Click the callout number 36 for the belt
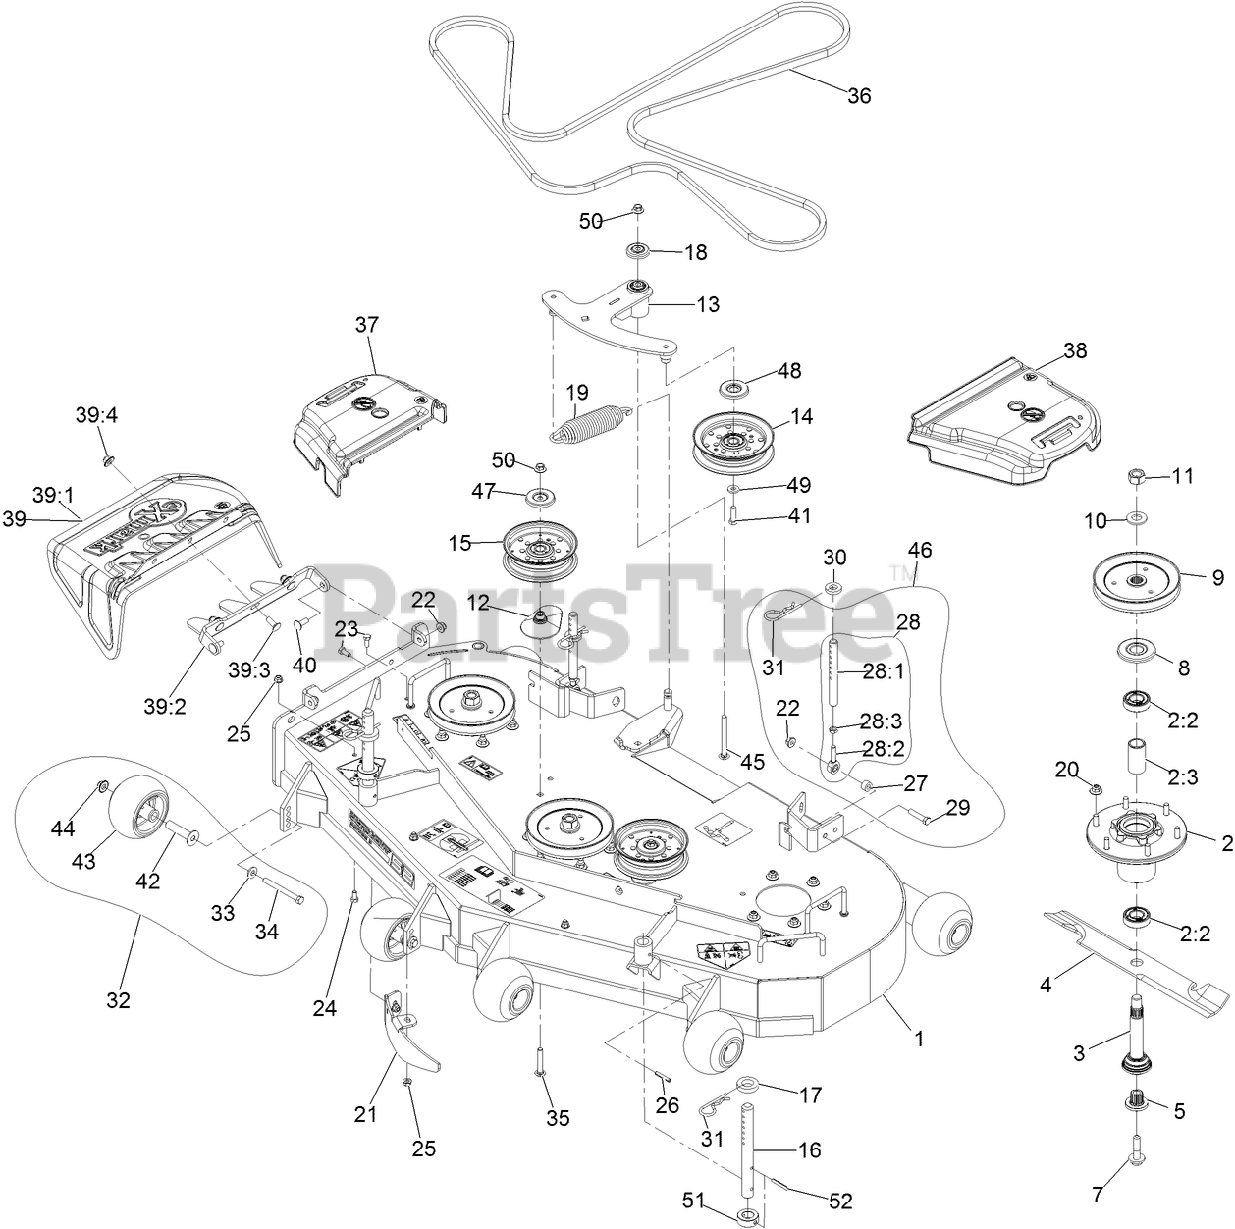[x=858, y=95]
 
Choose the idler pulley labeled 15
[x=538, y=546]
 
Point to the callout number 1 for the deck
[x=919, y=1038]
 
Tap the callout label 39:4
[x=96, y=415]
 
